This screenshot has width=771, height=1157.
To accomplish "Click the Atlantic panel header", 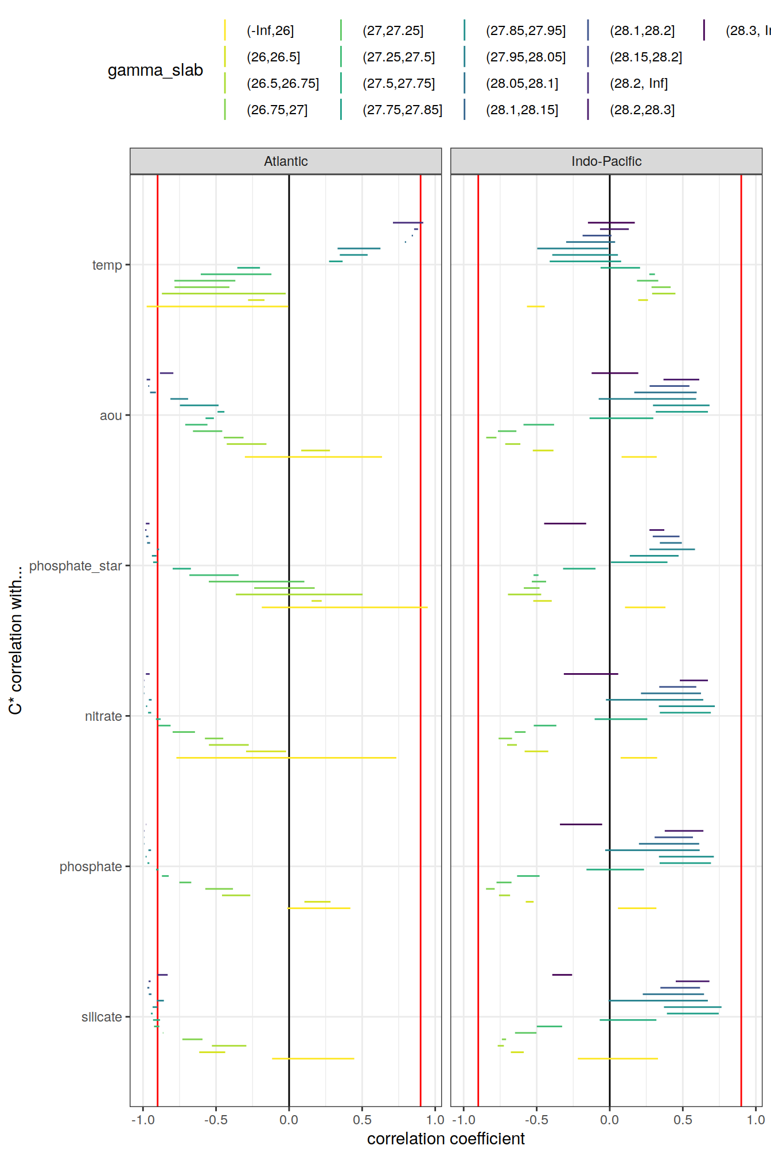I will click(286, 161).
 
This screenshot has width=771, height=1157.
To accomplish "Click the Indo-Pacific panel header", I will click(606, 161).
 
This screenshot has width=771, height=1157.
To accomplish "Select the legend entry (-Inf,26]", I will click(270, 31).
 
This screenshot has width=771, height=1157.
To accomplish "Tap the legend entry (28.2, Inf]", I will click(638, 84).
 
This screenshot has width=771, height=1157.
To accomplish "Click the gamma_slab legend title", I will click(155, 70).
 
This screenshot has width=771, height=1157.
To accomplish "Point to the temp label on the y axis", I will click(107, 265).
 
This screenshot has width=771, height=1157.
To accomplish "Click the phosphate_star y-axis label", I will click(76, 566).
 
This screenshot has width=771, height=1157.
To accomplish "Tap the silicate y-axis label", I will click(102, 1017).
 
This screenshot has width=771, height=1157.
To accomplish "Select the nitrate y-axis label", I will click(103, 716).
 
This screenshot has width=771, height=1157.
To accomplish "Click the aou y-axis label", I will click(111, 416).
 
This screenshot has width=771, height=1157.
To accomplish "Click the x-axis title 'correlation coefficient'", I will click(446, 1139).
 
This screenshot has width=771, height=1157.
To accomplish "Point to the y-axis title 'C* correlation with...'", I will click(15, 640).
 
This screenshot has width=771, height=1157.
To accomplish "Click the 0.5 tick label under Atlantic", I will click(362, 1120).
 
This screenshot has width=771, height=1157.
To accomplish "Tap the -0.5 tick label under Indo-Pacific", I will click(536, 1120).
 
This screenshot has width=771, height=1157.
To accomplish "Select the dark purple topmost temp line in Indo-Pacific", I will click(611, 222).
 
